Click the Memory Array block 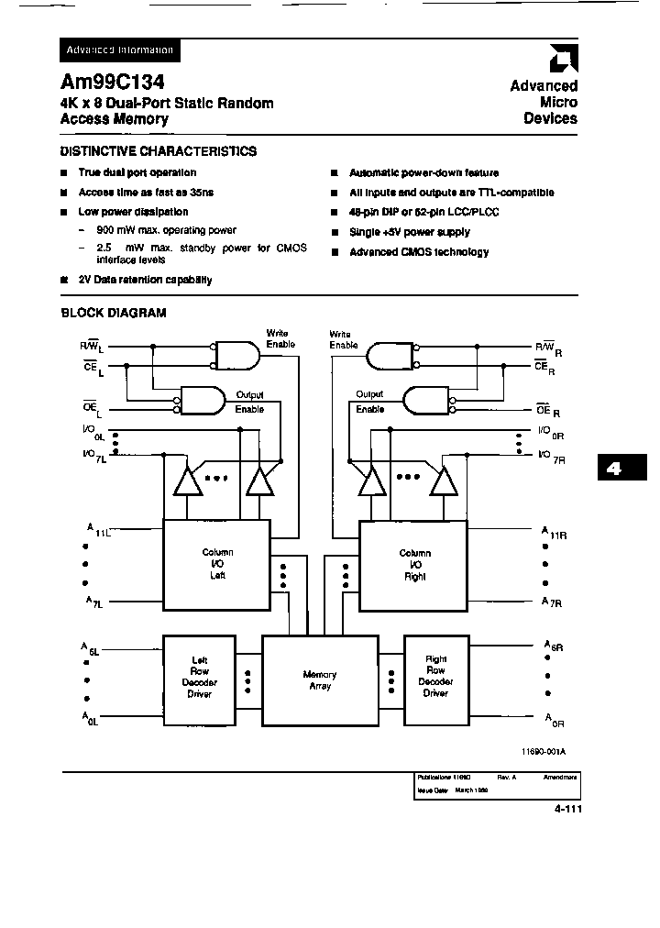(320, 680)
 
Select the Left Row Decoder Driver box (199, 677)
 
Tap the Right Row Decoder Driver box (435, 677)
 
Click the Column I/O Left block (217, 564)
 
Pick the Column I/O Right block (414, 565)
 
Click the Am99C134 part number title (113, 81)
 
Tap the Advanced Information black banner (119, 50)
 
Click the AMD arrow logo (558, 60)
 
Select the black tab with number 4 (613, 469)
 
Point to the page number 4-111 (567, 809)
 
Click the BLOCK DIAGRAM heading (114, 313)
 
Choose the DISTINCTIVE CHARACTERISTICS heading (159, 151)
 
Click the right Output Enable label (369, 403)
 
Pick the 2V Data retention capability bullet (145, 280)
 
